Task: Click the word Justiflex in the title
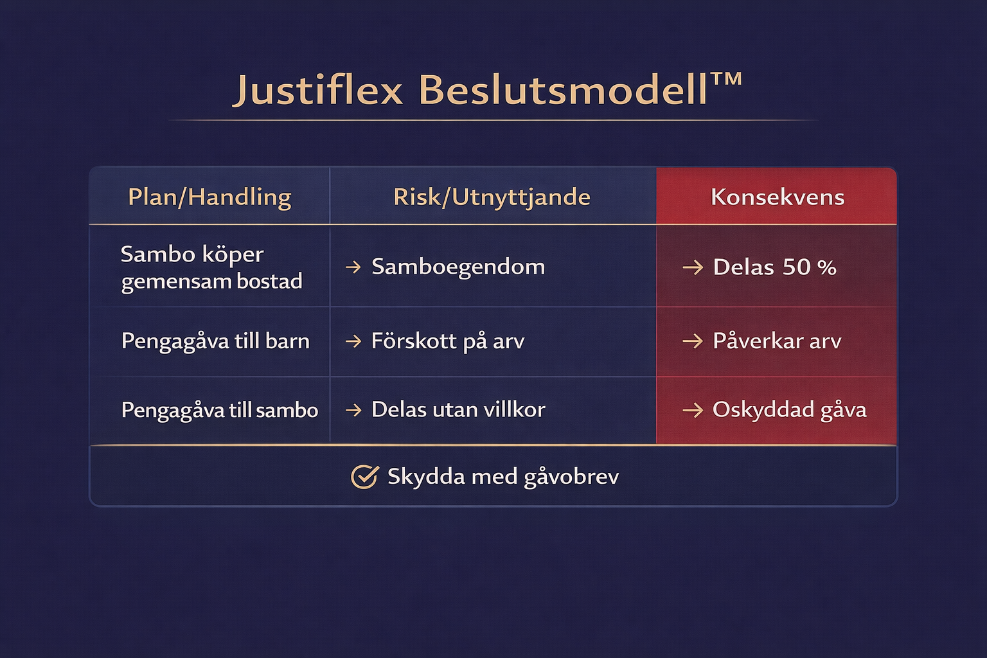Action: point(318,91)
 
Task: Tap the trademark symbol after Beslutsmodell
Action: point(726,79)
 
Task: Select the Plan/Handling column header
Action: point(209,197)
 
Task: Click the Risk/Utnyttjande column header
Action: point(492,197)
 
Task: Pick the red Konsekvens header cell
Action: point(776,196)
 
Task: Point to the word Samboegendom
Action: point(458,267)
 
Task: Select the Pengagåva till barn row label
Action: point(215,341)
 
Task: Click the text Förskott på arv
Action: point(448,341)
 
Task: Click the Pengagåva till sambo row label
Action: point(219,411)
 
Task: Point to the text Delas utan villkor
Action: point(458,410)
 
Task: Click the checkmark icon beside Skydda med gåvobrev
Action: point(364,476)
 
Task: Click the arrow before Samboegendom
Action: point(353,267)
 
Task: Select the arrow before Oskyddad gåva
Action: point(693,411)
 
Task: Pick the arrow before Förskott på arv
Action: point(353,342)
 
